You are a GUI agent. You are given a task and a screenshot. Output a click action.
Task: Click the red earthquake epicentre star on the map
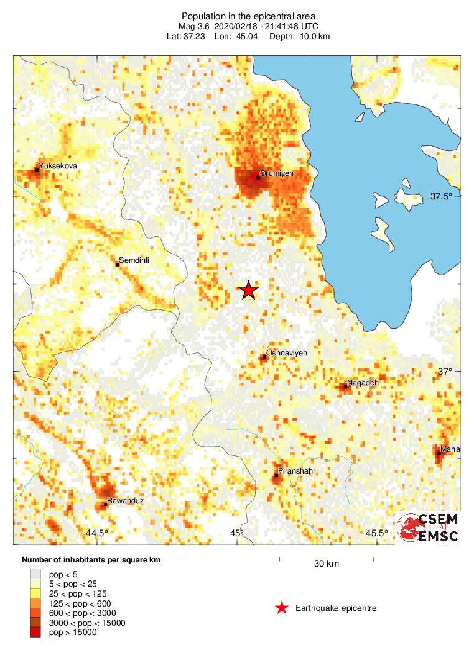[248, 290]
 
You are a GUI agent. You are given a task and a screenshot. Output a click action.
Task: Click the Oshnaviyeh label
[286, 353]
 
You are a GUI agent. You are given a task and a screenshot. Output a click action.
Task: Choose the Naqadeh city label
[362, 383]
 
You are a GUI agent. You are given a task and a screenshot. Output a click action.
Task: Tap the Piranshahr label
[297, 471]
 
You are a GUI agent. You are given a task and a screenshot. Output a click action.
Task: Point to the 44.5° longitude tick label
[97, 533]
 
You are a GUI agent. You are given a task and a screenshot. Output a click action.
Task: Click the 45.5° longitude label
[376, 533]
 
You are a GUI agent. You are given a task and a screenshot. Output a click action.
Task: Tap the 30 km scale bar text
[326, 564]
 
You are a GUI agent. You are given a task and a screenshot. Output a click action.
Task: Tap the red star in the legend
[282, 608]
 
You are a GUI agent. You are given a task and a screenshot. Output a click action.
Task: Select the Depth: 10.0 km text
[299, 37]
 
